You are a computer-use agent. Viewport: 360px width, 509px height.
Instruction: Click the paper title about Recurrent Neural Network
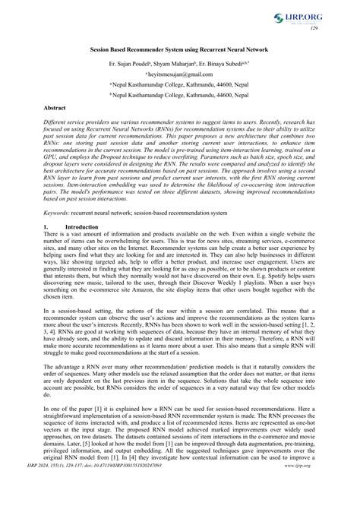[180, 48]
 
